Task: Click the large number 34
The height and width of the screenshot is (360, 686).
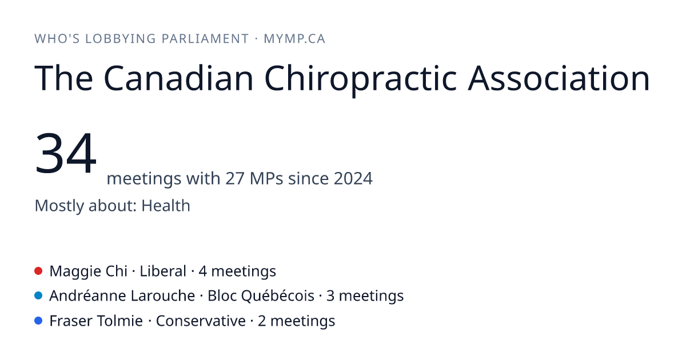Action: (x=66, y=153)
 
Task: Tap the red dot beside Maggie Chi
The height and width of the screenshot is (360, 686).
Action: (x=38, y=271)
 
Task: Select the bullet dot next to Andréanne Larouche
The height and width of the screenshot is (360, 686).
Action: (x=38, y=296)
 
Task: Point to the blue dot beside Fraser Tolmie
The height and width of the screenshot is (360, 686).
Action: (x=38, y=321)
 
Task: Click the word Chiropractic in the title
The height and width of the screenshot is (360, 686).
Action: (x=361, y=79)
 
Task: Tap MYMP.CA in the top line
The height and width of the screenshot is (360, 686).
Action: (x=294, y=39)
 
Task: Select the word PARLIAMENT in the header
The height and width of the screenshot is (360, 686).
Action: (x=205, y=39)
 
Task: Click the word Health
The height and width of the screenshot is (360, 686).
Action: (x=166, y=205)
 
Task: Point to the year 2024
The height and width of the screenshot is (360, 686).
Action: (x=353, y=178)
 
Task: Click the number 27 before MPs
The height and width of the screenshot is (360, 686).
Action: (x=235, y=178)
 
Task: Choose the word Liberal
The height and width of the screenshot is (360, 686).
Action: (x=163, y=271)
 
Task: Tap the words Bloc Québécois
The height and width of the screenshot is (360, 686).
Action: (x=261, y=296)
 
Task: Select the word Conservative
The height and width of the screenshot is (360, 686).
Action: (x=201, y=321)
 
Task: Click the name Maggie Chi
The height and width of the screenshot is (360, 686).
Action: (x=89, y=271)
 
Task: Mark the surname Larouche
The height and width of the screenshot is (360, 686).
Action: (x=162, y=296)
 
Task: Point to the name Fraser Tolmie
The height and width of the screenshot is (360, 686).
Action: (x=96, y=321)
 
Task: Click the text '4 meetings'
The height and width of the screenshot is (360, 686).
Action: (x=237, y=271)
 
